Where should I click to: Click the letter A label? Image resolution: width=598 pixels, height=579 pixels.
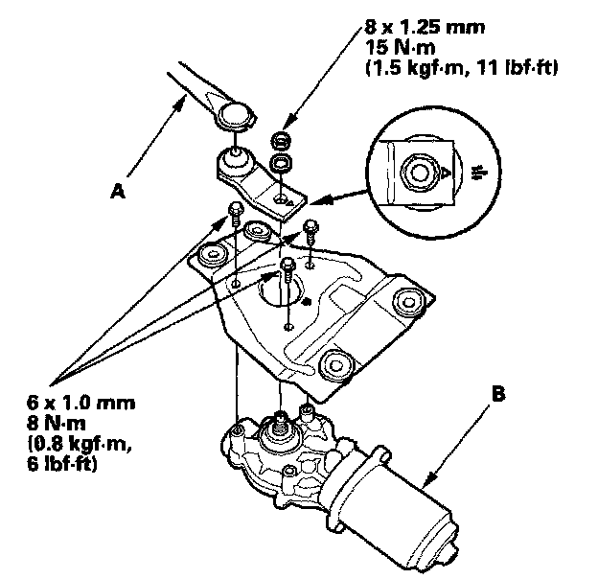coord(118,192)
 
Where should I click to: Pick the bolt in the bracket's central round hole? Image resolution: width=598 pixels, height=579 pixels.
coord(288,267)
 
